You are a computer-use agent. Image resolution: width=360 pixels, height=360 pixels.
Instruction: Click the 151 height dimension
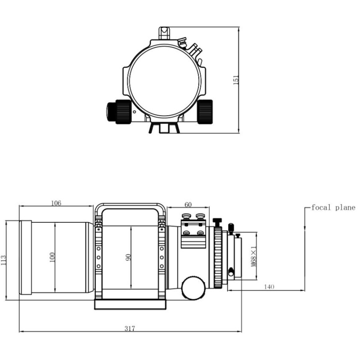(x=235, y=79)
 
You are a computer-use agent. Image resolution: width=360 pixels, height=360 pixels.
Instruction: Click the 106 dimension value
(x=56, y=203)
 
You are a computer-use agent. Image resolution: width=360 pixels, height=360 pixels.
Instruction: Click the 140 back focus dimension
(x=269, y=287)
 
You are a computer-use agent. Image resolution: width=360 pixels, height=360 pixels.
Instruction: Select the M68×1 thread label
(x=253, y=256)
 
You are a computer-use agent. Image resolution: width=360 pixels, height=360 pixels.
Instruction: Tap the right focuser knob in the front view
(x=205, y=111)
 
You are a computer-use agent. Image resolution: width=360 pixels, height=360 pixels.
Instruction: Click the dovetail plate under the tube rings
(x=130, y=305)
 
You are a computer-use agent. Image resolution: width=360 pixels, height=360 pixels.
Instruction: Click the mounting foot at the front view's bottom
(x=164, y=129)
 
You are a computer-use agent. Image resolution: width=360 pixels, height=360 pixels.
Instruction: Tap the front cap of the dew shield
(x=26, y=257)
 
